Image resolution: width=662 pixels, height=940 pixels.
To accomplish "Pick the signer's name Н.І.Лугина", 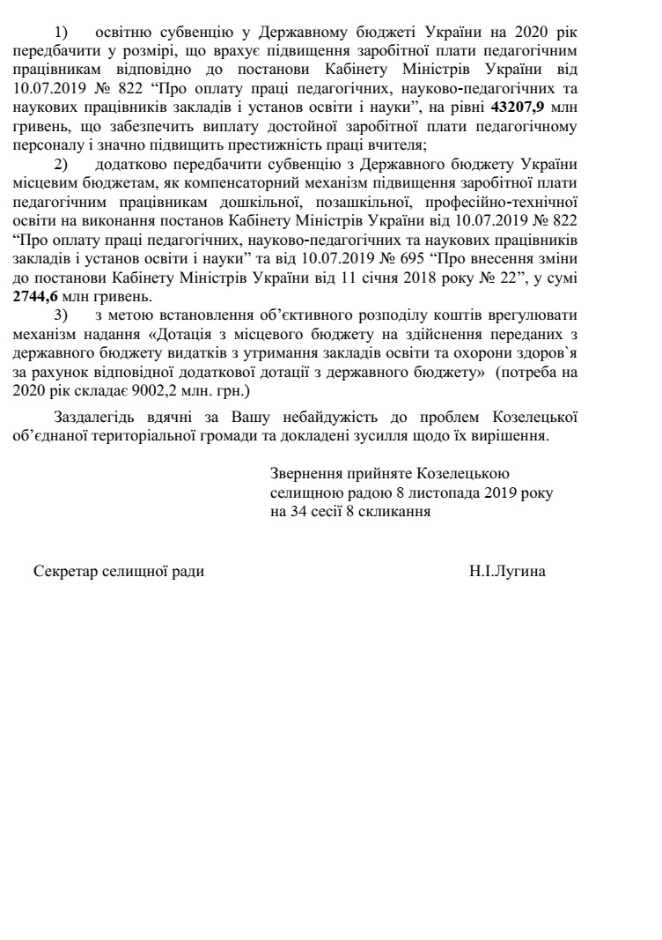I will coord(507,572).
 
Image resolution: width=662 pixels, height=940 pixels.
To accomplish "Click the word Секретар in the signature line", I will coord(63,572).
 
